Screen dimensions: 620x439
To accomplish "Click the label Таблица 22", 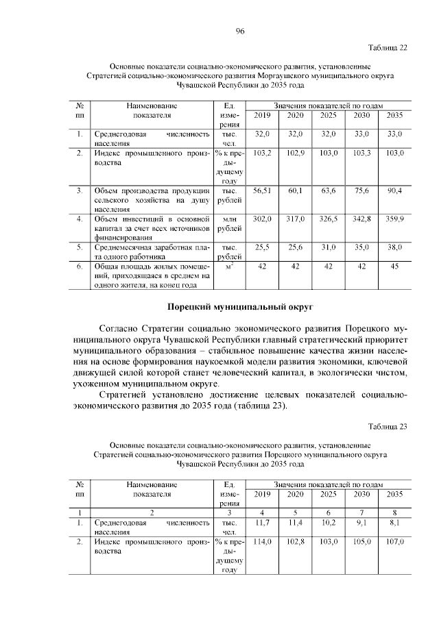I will click(x=388, y=47).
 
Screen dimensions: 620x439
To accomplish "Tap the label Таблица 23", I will click(x=388, y=427).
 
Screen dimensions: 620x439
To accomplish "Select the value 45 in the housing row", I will click(x=394, y=266).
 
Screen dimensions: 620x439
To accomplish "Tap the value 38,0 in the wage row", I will click(x=394, y=247).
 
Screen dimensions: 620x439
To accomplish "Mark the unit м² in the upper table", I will click(x=230, y=266).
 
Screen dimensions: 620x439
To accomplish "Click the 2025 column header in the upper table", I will click(x=329, y=115).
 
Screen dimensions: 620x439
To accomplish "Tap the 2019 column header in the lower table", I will click(x=263, y=494).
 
